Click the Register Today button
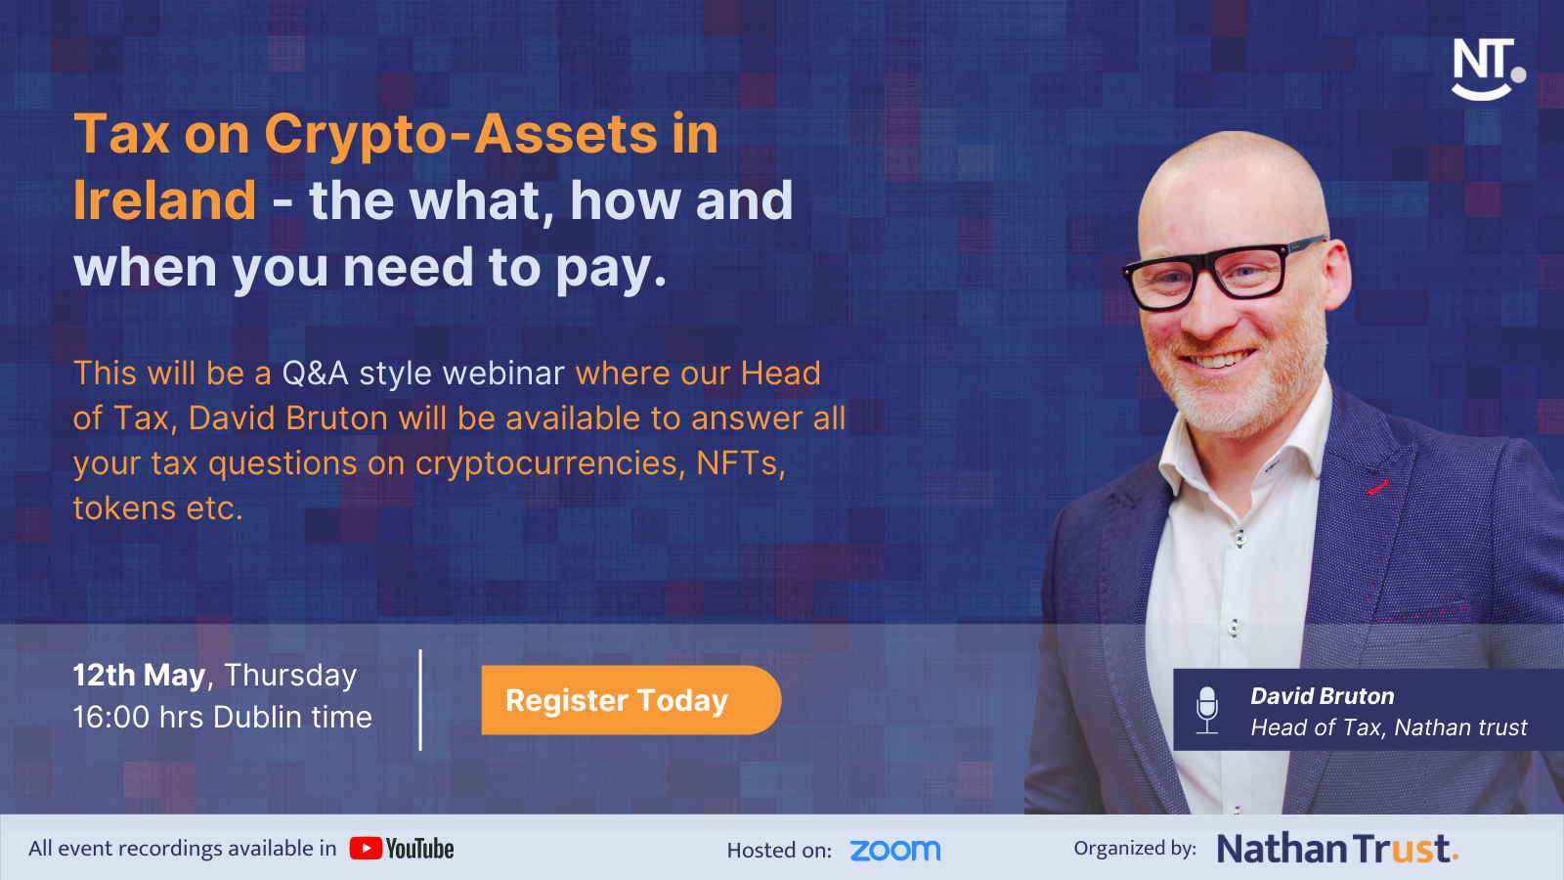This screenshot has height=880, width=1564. [x=630, y=700]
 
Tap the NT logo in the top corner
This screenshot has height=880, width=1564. [x=1488, y=69]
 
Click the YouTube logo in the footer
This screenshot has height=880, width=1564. [x=402, y=849]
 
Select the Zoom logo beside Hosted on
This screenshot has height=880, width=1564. [x=895, y=850]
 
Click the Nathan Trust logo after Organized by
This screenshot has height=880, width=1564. [x=1338, y=849]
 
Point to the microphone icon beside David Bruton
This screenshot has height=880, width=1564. [x=1207, y=710]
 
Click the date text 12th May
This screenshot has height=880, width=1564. [x=139, y=676]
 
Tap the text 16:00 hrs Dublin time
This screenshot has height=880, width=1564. [x=223, y=718]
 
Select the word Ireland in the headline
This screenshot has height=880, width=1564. [x=165, y=200]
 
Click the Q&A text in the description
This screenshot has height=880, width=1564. [x=315, y=374]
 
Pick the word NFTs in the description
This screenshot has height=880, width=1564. [x=741, y=463]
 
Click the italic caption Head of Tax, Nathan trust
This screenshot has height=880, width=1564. [x=1389, y=727]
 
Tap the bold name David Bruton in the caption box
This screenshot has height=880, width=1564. [x=1323, y=695]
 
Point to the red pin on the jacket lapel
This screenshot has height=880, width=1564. [x=1377, y=488]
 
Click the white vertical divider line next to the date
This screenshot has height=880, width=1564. [x=420, y=700]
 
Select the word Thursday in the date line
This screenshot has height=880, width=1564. [x=290, y=676]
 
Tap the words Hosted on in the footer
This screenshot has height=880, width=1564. [x=779, y=850]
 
